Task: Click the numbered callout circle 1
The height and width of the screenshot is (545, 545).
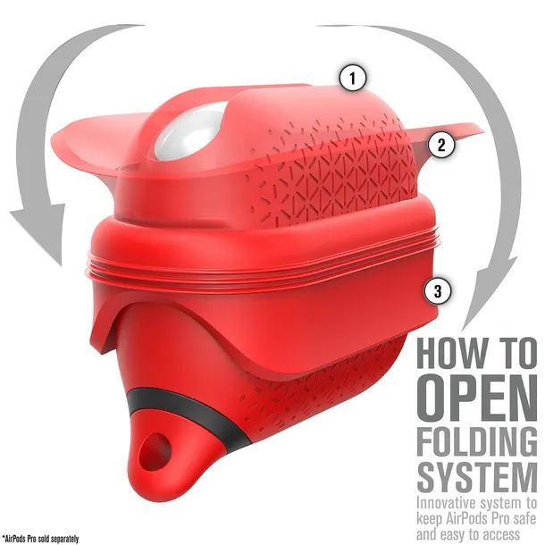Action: click(x=352, y=78)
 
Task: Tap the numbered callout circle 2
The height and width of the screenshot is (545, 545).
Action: click(x=441, y=145)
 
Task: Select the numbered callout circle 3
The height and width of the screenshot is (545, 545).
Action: click(x=438, y=290)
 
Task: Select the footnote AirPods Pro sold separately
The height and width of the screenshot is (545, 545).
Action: click(x=41, y=540)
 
